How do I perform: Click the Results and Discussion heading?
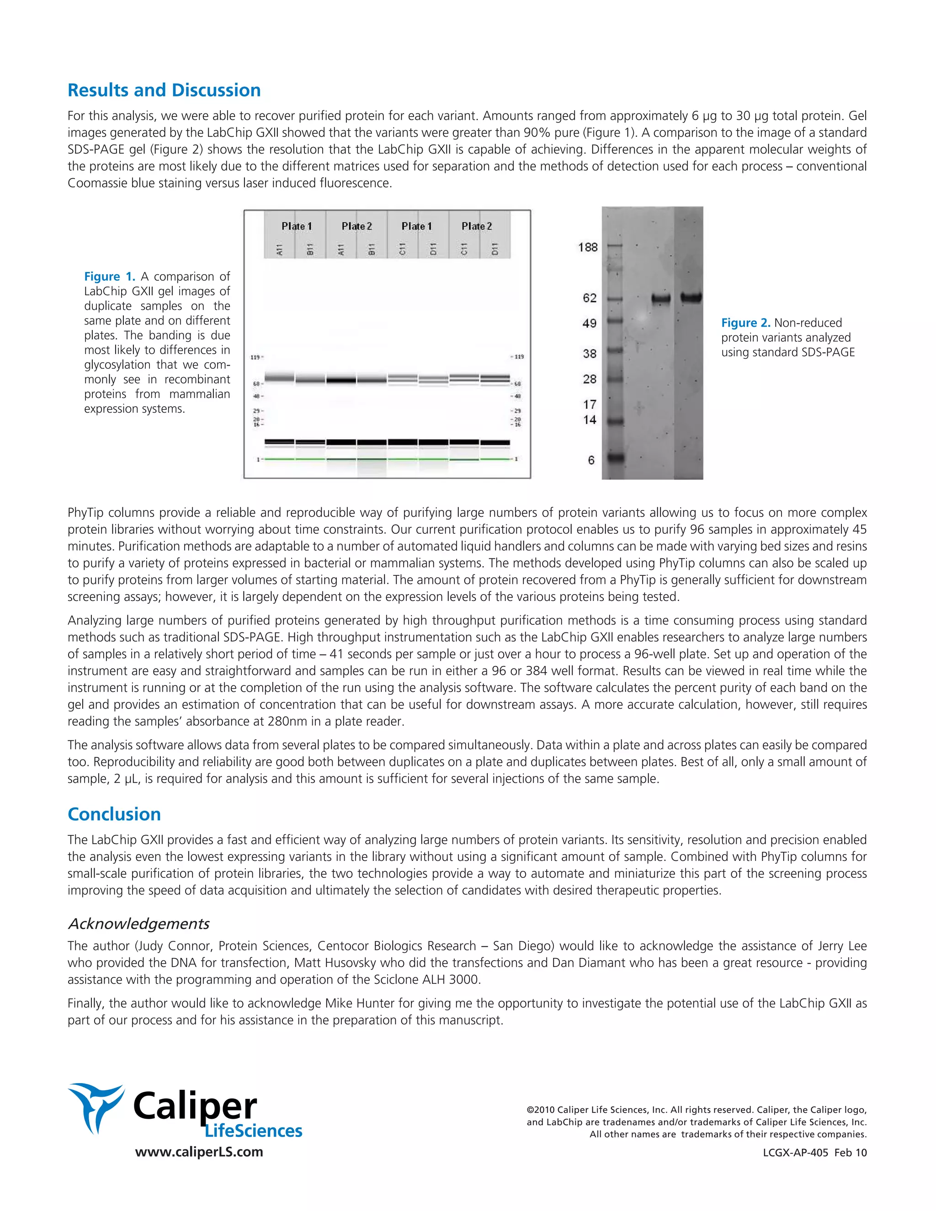pyautogui.click(x=164, y=90)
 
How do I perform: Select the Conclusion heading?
pyautogui.click(x=114, y=814)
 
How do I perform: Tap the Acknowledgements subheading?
pyautogui.click(x=138, y=924)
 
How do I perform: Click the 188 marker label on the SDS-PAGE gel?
pyautogui.click(x=588, y=247)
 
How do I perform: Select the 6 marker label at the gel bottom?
pyautogui.click(x=591, y=460)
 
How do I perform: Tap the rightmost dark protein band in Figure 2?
pyautogui.click(x=691, y=298)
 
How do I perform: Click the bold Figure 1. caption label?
pyautogui.click(x=110, y=276)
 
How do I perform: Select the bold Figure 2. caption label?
pyautogui.click(x=746, y=323)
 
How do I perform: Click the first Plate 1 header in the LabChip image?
pyautogui.click(x=297, y=226)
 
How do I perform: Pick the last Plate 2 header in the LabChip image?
pyautogui.click(x=477, y=226)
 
